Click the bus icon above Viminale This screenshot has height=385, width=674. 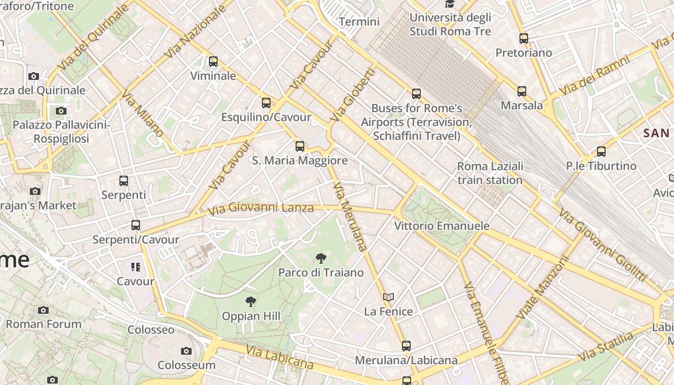(213, 62)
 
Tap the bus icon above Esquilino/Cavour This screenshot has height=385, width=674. (266, 103)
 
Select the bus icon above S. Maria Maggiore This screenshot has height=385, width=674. (300, 146)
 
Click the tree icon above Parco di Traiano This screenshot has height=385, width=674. (321, 258)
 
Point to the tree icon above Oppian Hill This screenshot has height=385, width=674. (250, 302)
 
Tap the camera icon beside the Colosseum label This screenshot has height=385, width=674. (186, 351)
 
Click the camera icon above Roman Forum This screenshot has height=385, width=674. (43, 310)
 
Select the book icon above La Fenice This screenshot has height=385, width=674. (389, 297)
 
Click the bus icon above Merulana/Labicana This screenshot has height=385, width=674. (406, 346)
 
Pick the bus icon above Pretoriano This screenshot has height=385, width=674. (524, 38)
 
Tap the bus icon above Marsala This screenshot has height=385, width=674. (522, 91)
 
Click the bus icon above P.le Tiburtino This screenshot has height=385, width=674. (601, 152)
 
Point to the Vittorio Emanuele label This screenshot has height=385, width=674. (441, 226)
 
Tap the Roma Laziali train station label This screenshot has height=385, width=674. (490, 173)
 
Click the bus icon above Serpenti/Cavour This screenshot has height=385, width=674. (136, 225)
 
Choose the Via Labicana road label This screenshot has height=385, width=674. (280, 357)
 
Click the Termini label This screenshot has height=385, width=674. (359, 22)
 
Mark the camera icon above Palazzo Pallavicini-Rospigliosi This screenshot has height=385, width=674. (61, 111)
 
